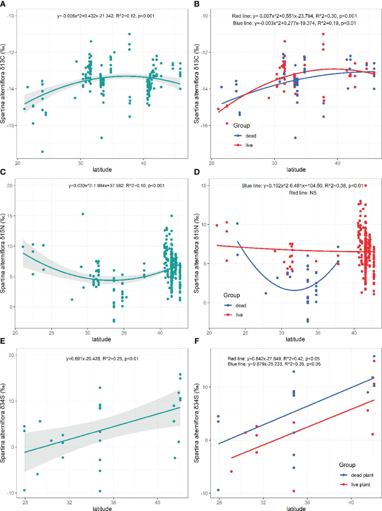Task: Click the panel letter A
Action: [3, 4]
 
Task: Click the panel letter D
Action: [197, 172]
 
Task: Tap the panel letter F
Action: [196, 341]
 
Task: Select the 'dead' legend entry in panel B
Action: [250, 136]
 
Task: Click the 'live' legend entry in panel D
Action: [239, 315]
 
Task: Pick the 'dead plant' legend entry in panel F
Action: [362, 475]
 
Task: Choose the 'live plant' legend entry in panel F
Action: [360, 484]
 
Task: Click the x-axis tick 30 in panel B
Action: [274, 163]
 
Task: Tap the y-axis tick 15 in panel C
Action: [10, 216]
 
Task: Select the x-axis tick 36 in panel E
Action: [113, 502]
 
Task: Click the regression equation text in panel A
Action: [106, 16]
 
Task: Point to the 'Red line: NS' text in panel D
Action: [303, 193]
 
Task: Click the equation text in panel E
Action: [102, 358]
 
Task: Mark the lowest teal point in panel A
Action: [42, 151]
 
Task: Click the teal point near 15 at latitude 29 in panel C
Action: [83, 214]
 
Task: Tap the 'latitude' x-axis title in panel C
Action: [101, 339]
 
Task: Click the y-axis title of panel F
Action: [196, 423]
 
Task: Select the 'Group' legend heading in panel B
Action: [241, 125]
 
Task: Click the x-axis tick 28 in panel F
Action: [219, 502]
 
